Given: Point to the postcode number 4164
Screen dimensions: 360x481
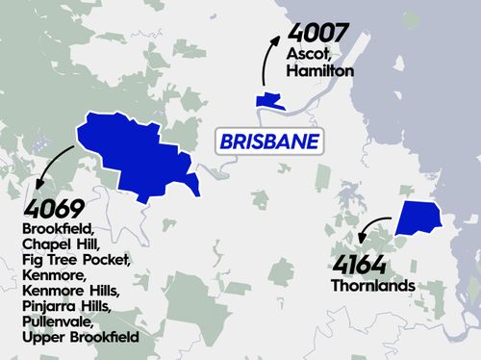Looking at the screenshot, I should (360, 265).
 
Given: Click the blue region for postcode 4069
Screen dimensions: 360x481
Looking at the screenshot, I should (135, 154).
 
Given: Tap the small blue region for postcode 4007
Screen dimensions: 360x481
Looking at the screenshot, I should (268, 100).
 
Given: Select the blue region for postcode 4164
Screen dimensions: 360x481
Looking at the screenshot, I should (418, 218).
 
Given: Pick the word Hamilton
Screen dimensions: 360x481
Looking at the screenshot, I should (320, 71).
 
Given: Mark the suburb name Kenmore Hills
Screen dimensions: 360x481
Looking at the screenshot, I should (70, 291).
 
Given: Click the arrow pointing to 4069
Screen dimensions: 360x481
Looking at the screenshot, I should (52, 166).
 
